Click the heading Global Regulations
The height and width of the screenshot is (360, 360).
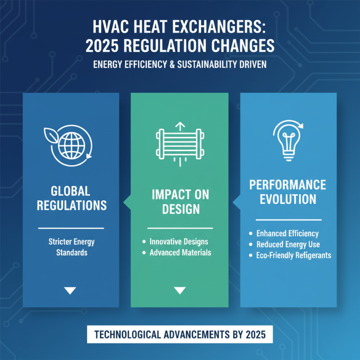(72, 198)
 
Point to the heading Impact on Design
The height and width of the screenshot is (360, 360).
(180, 201)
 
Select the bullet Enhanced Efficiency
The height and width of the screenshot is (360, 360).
(287, 234)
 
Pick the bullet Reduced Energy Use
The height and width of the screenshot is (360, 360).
(288, 244)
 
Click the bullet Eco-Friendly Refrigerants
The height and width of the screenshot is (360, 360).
(293, 255)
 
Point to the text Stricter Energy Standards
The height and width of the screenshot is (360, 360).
(72, 247)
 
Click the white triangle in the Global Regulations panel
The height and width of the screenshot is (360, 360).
(70, 290)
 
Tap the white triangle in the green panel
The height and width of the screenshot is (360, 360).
(180, 290)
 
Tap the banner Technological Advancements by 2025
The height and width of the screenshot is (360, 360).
(180, 336)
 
